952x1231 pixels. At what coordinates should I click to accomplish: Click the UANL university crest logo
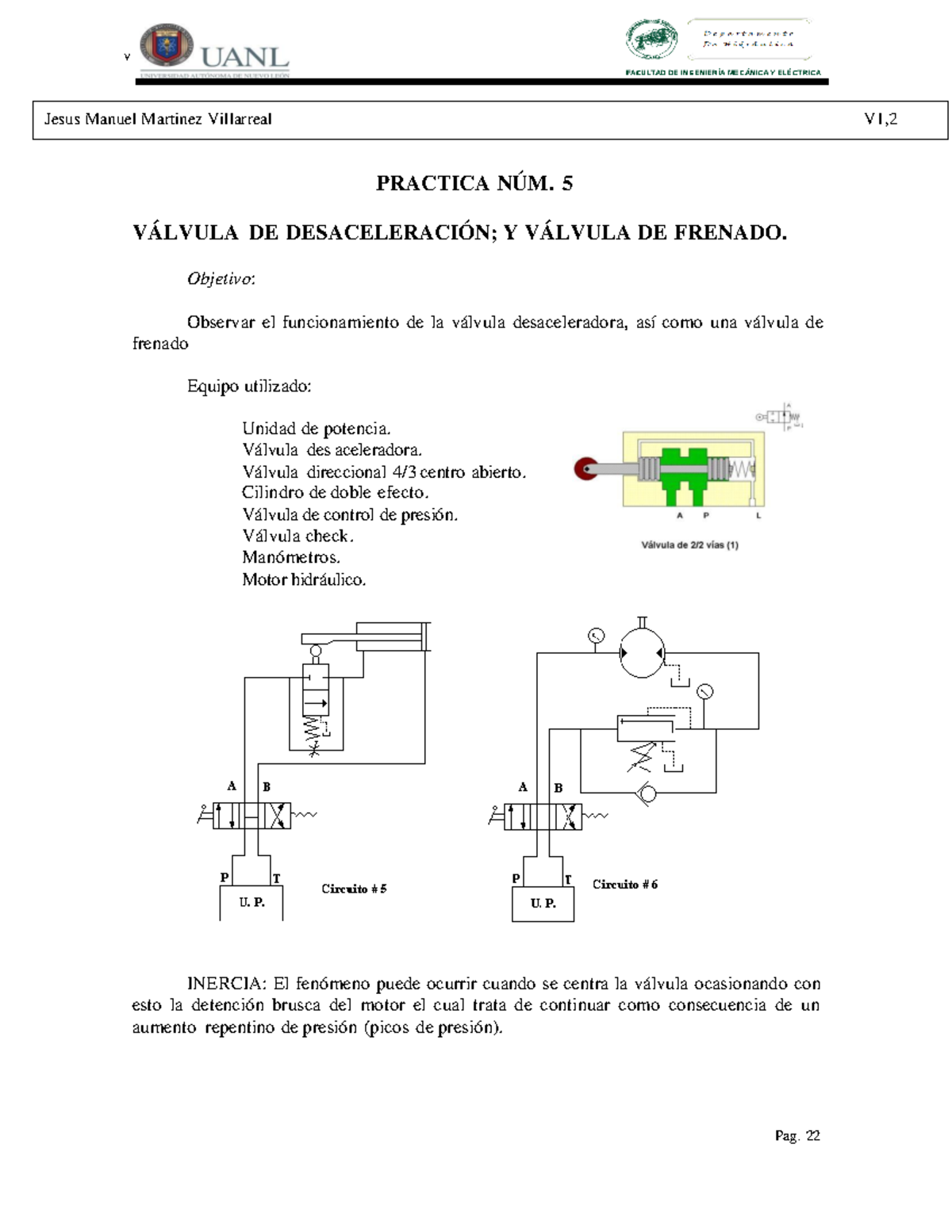click(167, 45)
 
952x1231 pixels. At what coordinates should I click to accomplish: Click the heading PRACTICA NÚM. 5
click(474, 184)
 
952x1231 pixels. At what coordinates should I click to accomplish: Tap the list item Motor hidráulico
click(304, 579)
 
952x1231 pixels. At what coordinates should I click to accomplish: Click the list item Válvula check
click(297, 536)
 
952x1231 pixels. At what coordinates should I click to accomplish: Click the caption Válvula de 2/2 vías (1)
click(689, 545)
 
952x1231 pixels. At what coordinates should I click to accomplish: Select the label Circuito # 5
click(354, 889)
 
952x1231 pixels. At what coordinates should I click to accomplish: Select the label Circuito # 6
click(625, 885)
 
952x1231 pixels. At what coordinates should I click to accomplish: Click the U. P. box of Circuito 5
click(251, 903)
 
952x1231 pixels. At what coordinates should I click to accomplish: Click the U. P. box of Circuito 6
click(543, 904)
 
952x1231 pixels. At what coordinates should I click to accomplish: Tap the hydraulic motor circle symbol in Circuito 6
click(642, 652)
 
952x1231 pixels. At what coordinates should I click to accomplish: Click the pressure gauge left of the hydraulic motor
click(596, 635)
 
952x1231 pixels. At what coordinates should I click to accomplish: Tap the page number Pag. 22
click(797, 1136)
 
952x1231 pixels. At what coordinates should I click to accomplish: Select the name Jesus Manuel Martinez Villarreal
click(158, 120)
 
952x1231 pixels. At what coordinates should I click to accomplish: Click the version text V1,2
click(881, 120)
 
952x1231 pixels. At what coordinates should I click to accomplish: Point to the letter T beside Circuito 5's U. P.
click(276, 878)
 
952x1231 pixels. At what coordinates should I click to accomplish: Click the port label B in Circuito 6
click(559, 788)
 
